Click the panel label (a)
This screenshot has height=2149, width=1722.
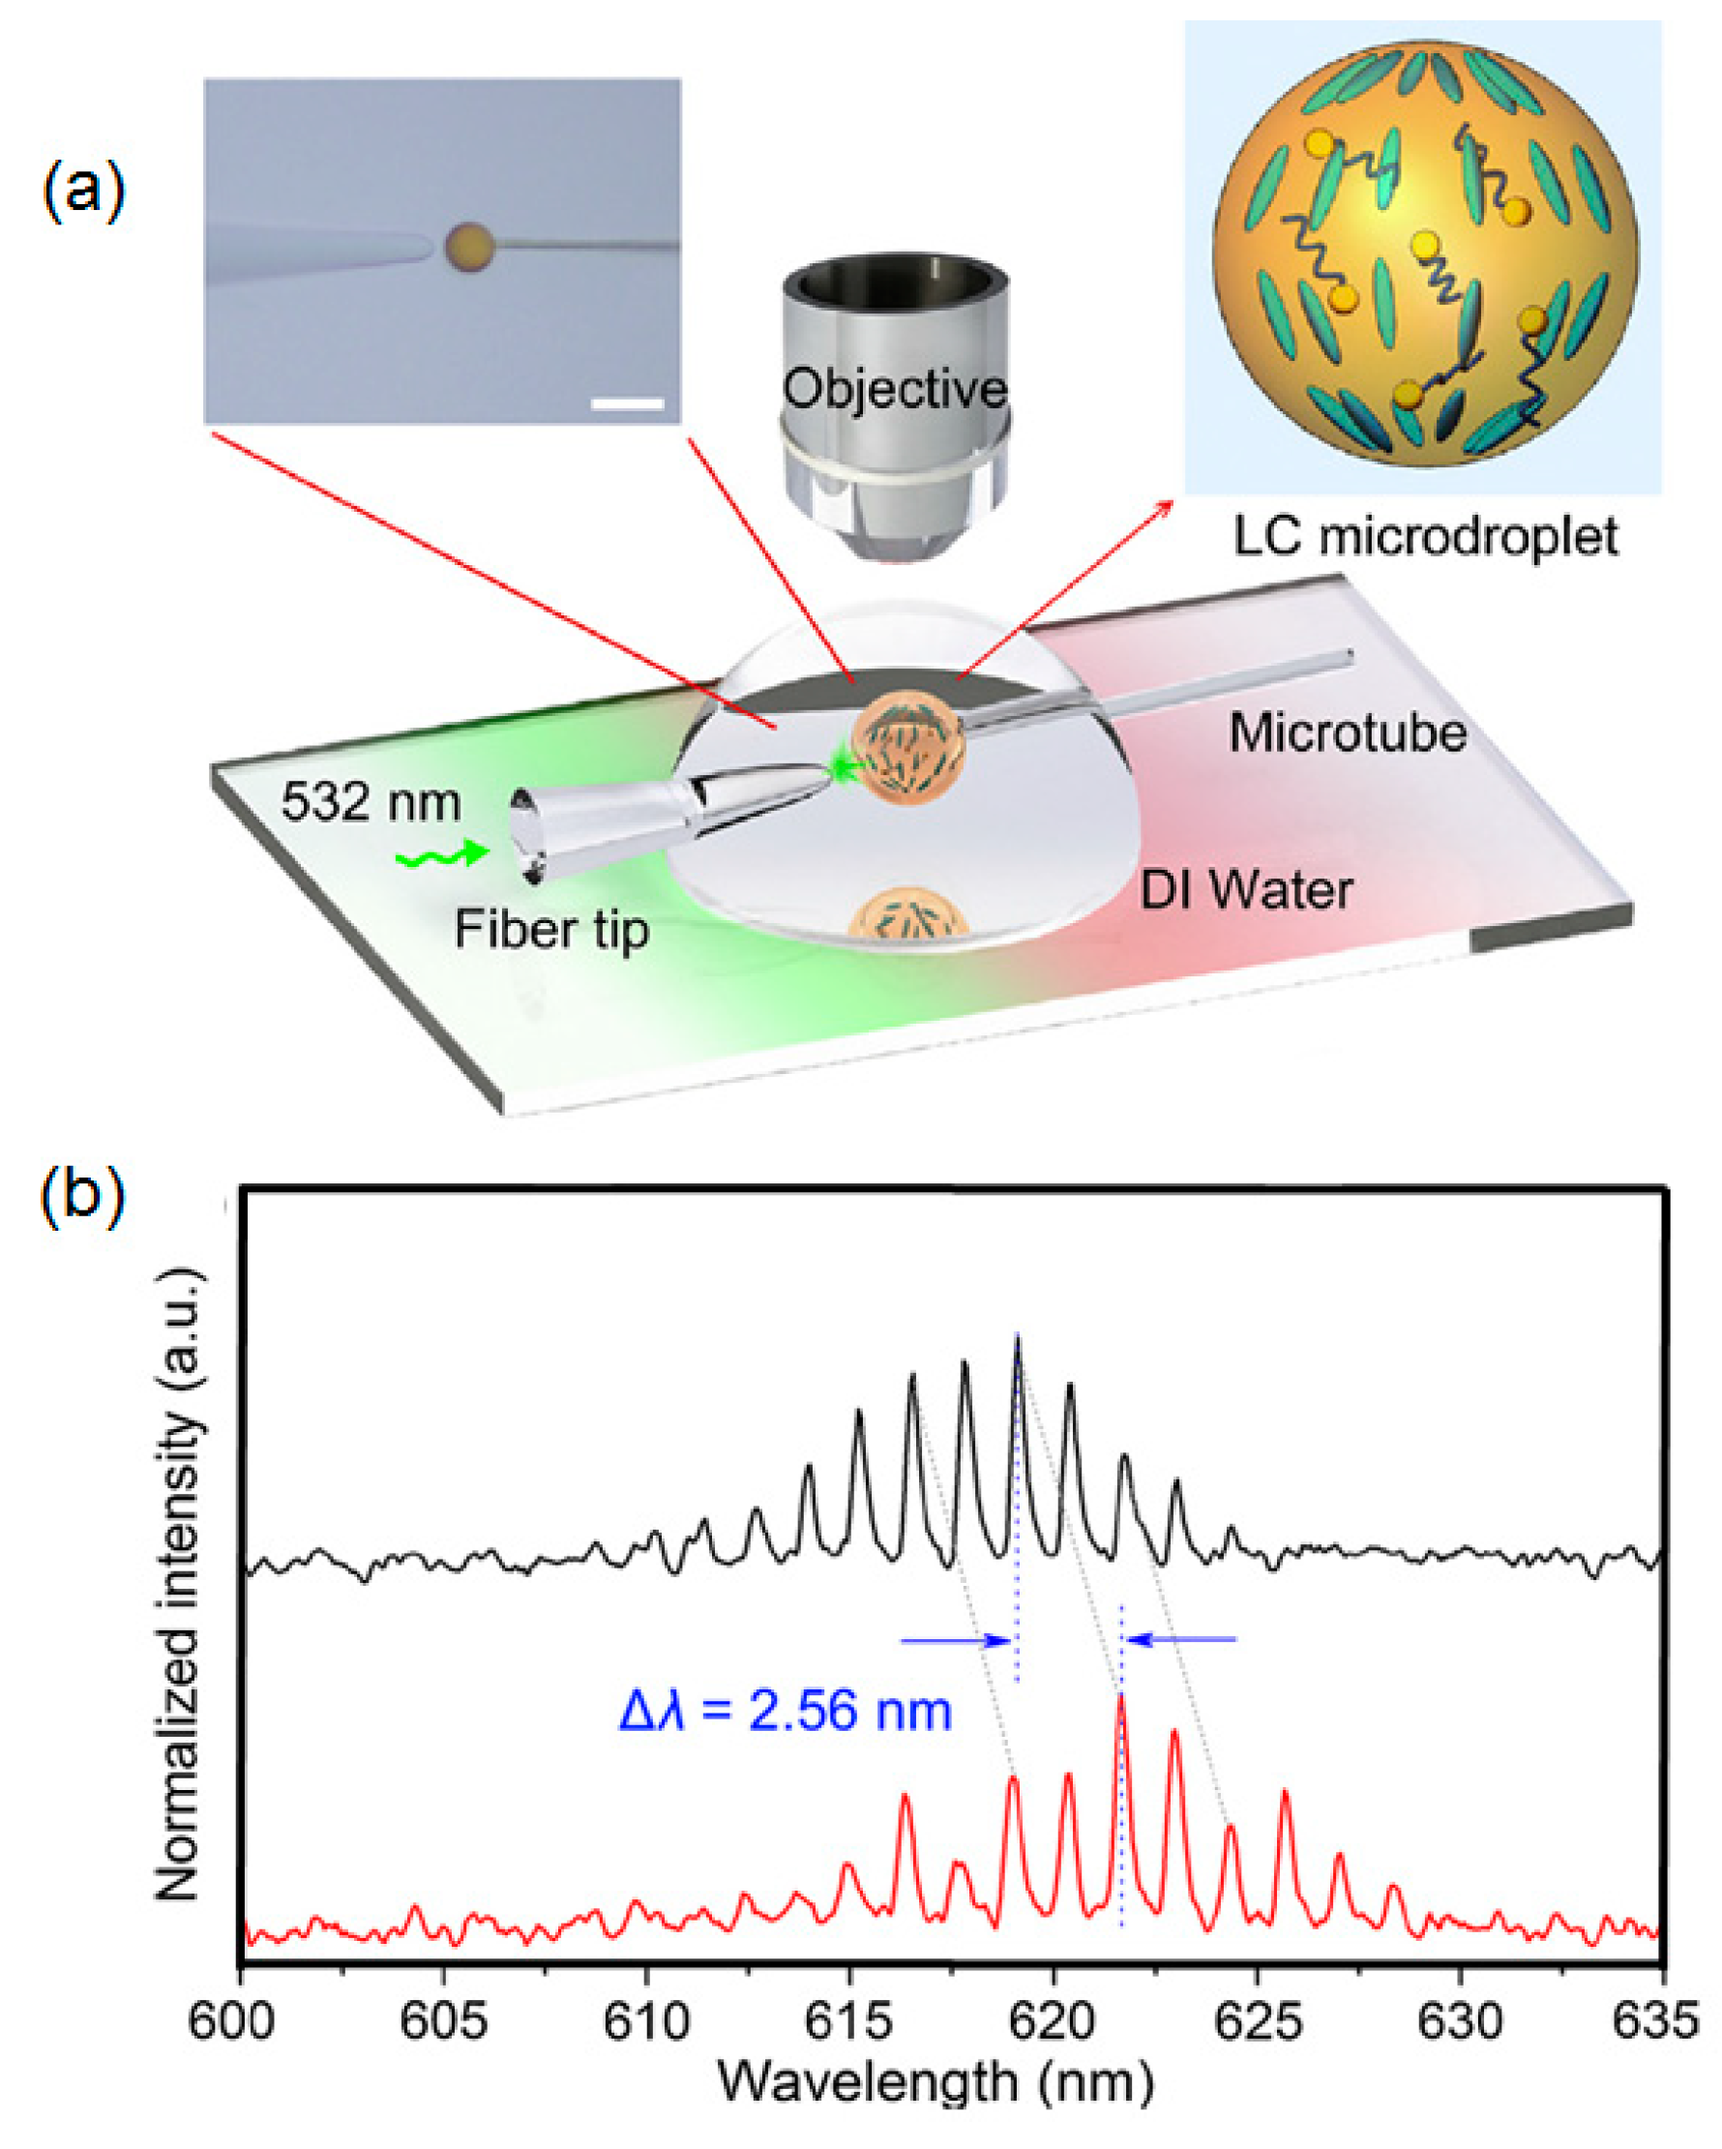click(x=84, y=191)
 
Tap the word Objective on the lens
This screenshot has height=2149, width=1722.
click(x=894, y=389)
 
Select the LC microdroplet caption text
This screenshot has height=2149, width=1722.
click(x=1425, y=537)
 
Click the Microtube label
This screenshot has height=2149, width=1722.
click(x=1348, y=733)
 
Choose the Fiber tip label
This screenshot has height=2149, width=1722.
click(x=551, y=929)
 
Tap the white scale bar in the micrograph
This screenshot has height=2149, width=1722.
click(x=627, y=403)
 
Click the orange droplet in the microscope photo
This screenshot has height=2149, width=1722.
click(x=468, y=246)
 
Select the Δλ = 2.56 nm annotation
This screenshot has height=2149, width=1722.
click(x=786, y=1712)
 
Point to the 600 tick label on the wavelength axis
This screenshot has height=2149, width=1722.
click(x=241, y=2022)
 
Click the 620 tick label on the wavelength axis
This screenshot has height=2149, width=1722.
click(x=1054, y=2022)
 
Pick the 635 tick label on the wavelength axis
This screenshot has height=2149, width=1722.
click(x=1661, y=2022)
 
